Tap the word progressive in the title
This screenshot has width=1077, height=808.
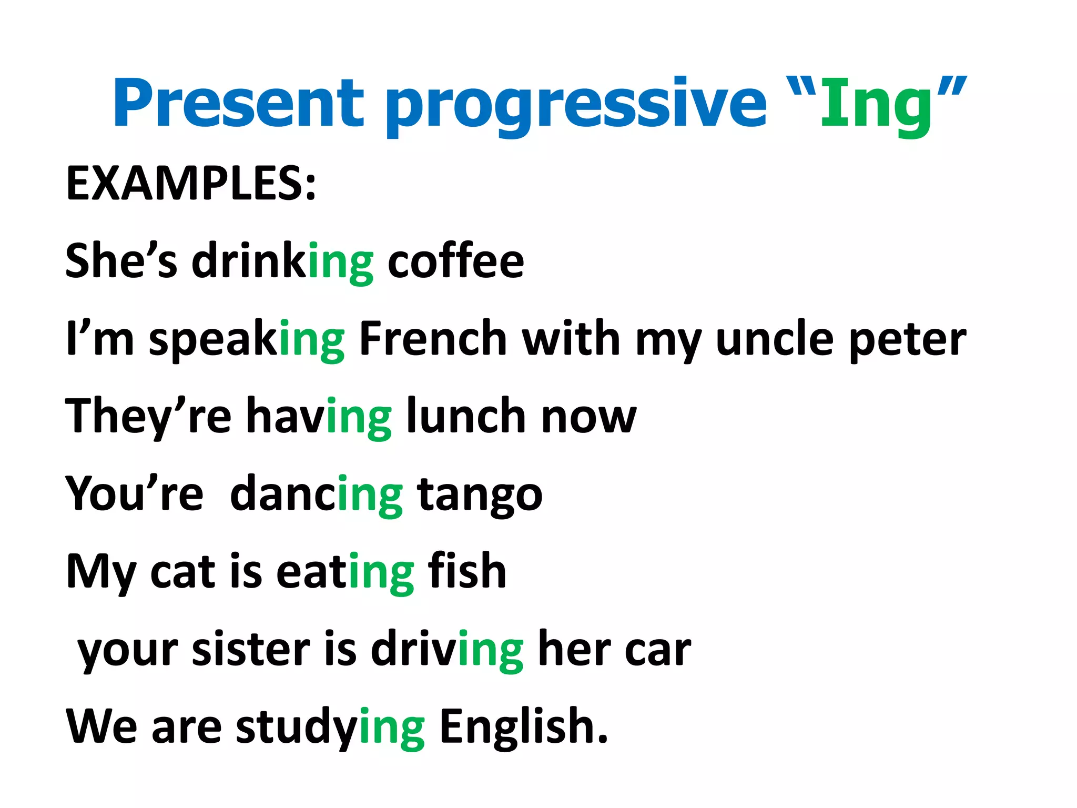click(576, 105)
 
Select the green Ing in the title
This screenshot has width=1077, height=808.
click(876, 105)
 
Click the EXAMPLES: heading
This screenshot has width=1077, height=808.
click(191, 184)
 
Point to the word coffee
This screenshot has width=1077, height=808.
click(455, 261)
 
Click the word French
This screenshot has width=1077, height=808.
click(433, 339)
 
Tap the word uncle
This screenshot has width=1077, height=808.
click(775, 339)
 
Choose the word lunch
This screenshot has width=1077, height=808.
click(466, 416)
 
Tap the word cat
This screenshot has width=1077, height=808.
click(182, 572)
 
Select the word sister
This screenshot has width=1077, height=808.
click(251, 650)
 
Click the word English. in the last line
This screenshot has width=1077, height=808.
click(523, 727)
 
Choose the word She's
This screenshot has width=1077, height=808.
click(121, 261)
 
